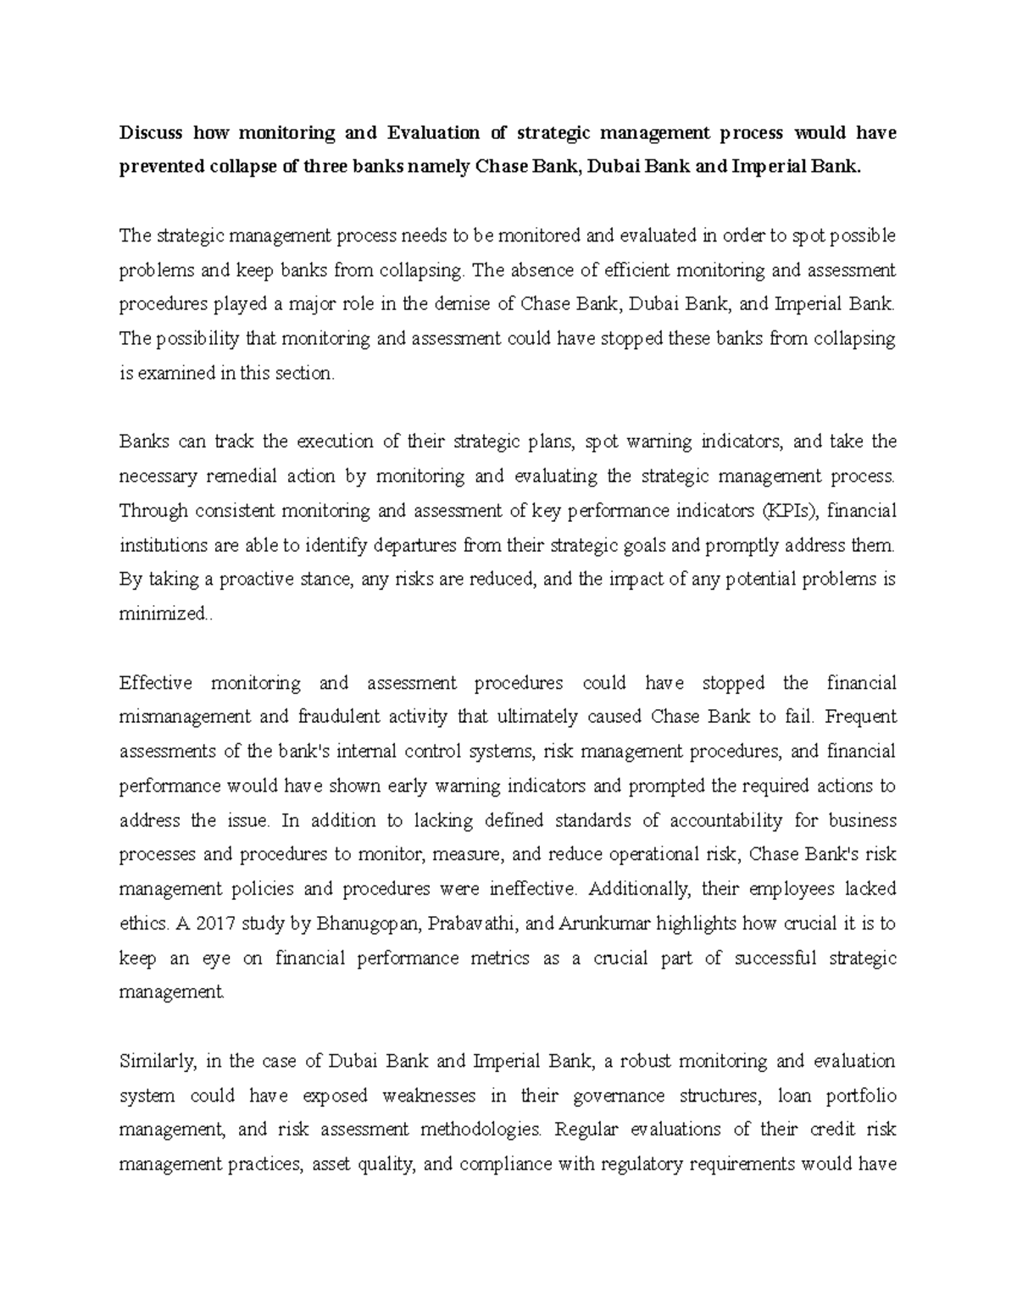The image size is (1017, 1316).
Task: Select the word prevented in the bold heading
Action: click(x=161, y=167)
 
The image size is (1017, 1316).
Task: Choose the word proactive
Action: click(x=257, y=580)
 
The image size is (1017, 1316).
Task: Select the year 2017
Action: click(x=214, y=924)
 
